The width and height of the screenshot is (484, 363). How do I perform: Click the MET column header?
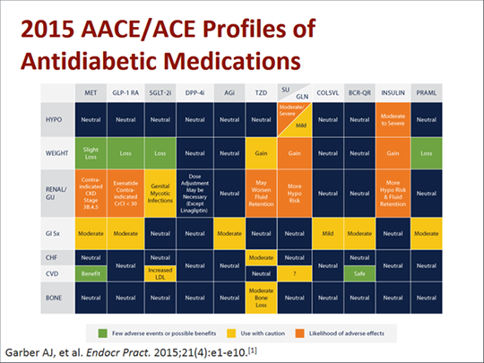tap(91, 92)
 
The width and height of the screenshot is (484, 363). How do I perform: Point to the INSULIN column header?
tap(393, 92)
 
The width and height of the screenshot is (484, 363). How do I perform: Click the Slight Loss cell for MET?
tap(91, 153)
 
